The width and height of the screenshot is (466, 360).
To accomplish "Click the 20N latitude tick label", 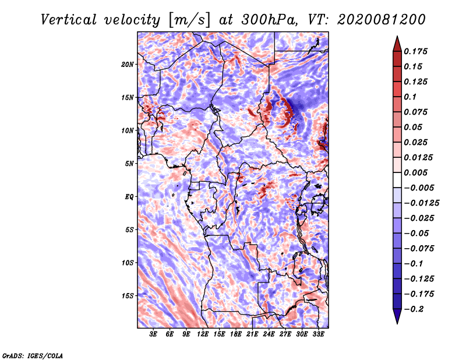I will coord(128,64).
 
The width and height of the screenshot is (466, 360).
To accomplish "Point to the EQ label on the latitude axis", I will coord(129,196).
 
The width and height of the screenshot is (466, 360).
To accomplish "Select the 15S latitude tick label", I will coord(128,295).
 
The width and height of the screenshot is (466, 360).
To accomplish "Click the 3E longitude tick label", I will coord(154,335).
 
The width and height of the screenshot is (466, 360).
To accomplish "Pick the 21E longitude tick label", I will coord(252,335).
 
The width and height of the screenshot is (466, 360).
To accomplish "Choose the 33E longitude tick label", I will coord(318,335).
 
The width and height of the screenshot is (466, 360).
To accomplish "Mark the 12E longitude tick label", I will coord(203,335).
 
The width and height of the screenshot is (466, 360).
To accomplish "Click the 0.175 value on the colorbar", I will coord(416,51).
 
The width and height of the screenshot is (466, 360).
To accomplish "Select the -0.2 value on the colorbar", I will coord(416,309).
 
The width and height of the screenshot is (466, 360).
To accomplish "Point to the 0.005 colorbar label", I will coord(416,172).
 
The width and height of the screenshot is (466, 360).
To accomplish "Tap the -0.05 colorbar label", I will coord(416,233).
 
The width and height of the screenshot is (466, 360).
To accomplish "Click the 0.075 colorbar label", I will coord(416,112).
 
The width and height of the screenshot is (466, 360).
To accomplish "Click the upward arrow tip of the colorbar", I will coord(396,38).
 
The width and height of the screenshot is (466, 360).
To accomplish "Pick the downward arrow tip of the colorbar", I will coord(396,322).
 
